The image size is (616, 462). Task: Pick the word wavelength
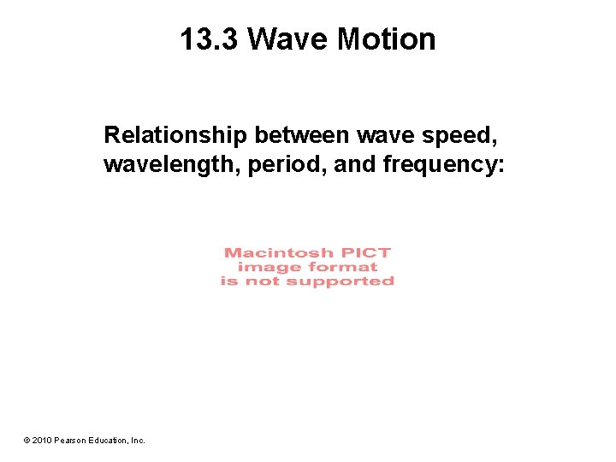click(172, 163)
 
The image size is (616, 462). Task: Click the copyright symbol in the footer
click(27, 441)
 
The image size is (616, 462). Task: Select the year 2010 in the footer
click(43, 441)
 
